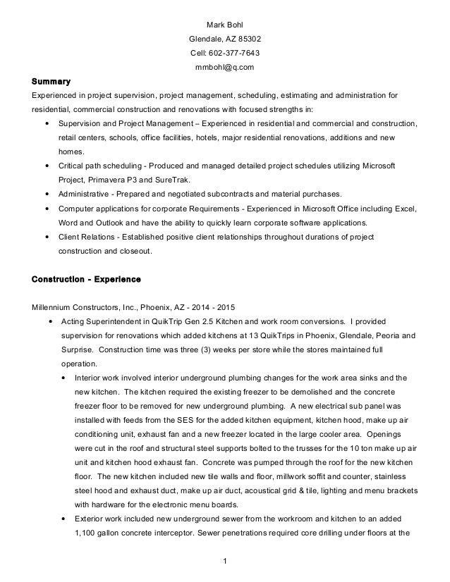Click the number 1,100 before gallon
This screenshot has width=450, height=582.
click(89, 533)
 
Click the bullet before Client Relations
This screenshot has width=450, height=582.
click(47, 236)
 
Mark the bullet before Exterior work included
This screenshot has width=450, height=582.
click(66, 519)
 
